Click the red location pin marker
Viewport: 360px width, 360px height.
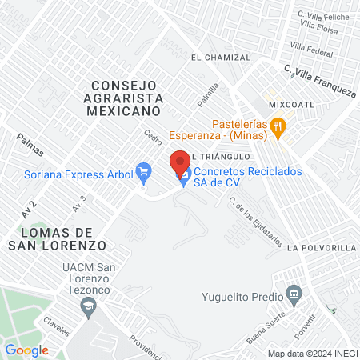point(181,162)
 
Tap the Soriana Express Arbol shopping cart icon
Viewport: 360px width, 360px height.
point(144,170)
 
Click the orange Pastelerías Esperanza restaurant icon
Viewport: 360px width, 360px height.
point(278,125)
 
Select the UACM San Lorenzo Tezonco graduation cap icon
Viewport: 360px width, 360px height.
point(90,303)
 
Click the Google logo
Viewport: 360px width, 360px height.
point(26,350)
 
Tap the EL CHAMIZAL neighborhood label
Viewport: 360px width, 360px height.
point(222,58)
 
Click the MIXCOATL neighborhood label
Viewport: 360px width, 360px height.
point(293,104)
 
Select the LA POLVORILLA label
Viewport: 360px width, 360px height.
point(324,248)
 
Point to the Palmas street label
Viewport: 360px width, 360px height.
point(28,144)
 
